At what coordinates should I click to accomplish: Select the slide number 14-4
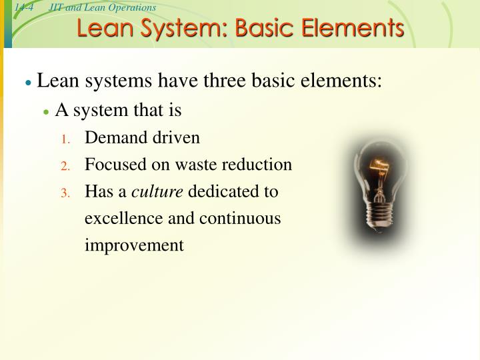(x=24, y=7)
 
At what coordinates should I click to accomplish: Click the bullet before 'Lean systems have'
(x=28, y=83)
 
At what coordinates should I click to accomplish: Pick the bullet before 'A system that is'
(x=46, y=111)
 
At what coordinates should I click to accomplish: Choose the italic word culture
(x=157, y=192)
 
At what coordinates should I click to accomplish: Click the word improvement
(x=133, y=246)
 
